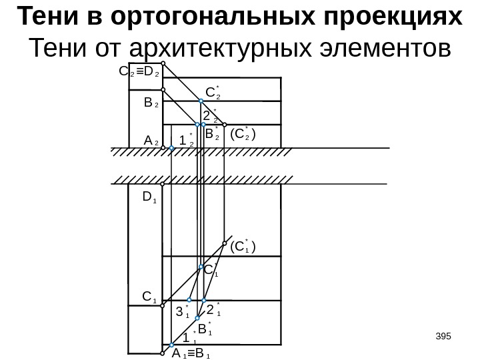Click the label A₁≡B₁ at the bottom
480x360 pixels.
click(x=191, y=354)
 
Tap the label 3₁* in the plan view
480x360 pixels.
click(x=182, y=311)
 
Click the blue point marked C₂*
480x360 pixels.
click(x=203, y=101)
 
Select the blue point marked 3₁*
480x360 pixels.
click(x=189, y=299)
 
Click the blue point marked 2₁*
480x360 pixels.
click(x=206, y=299)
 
